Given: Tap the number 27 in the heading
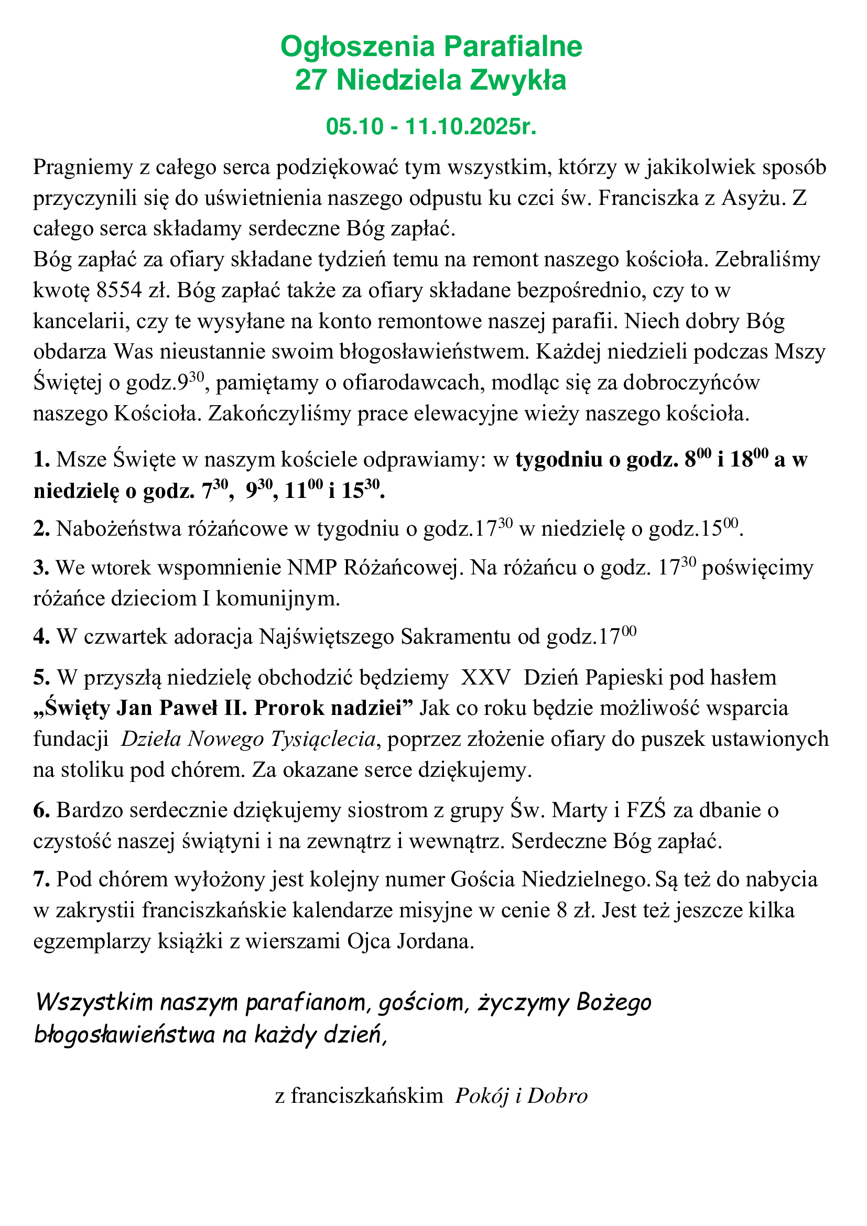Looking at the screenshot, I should pyautogui.click(x=311, y=81).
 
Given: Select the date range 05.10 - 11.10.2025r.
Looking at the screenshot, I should pyautogui.click(x=431, y=127).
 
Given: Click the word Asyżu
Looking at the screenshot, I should pyautogui.click(x=753, y=198).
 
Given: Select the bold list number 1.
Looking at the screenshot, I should pyautogui.click(x=41, y=460).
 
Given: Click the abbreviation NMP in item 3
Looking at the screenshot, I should pyautogui.click(x=312, y=568).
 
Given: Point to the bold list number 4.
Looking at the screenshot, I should pyautogui.click(x=41, y=637).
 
